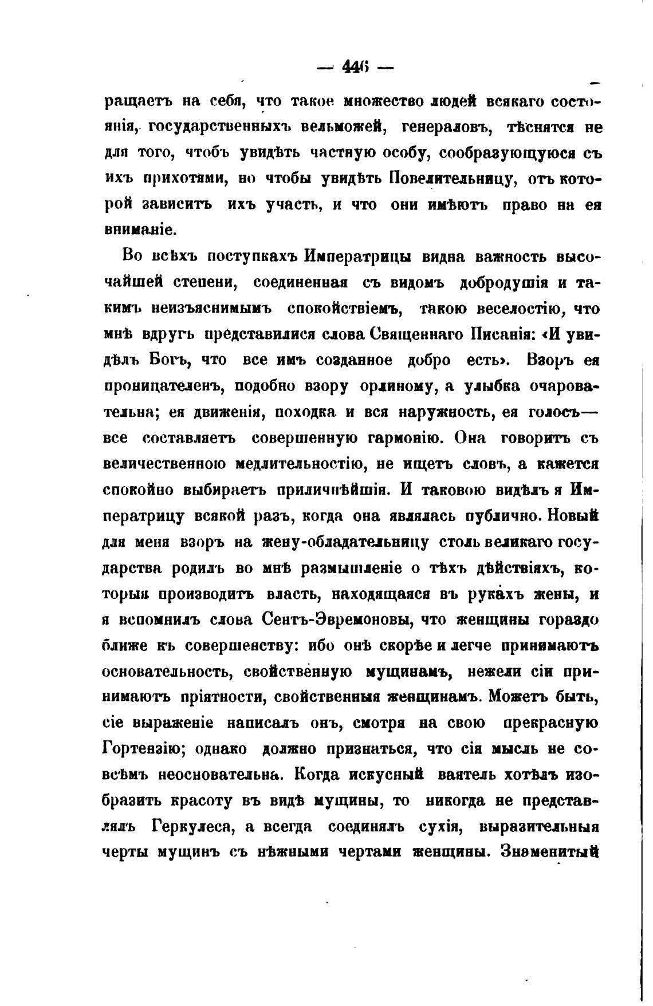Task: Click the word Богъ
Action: tap(167, 361)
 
